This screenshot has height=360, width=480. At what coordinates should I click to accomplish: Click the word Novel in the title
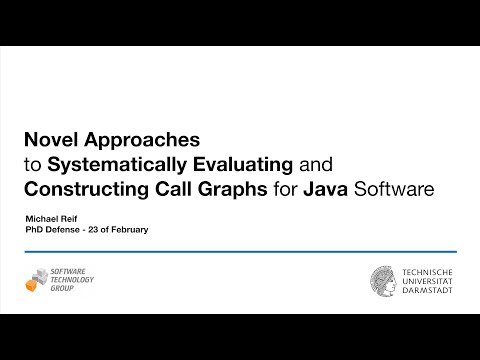tap(50, 137)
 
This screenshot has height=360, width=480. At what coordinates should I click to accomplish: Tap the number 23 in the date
tap(98, 230)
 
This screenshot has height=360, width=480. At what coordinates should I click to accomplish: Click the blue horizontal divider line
tap(240, 252)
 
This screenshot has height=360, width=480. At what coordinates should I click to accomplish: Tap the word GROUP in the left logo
tap(65, 288)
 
